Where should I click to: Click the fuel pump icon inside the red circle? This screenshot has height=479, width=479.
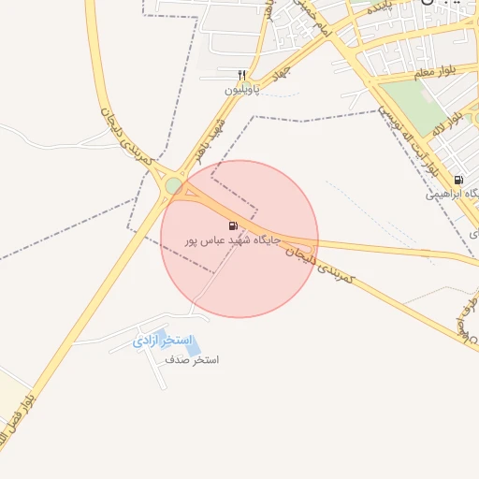233,225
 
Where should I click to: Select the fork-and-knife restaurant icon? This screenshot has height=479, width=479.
242,75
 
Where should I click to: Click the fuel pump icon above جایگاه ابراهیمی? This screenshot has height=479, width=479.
457,180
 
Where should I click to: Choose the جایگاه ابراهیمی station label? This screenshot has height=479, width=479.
452,195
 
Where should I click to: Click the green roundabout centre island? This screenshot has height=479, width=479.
173,186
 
